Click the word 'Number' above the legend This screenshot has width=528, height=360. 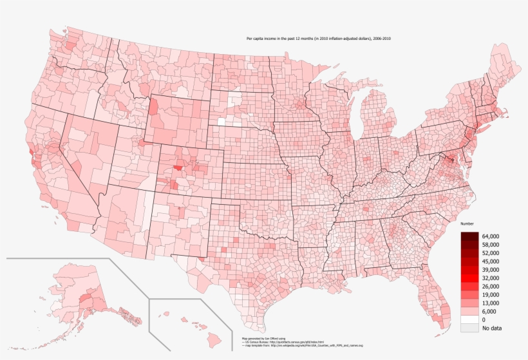click(467, 223)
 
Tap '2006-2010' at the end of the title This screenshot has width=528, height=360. click(381, 39)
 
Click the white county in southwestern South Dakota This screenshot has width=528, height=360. click(222, 120)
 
